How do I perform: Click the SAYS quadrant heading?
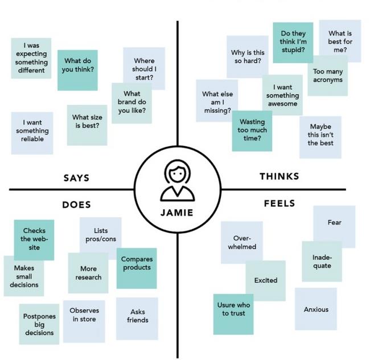(76, 178)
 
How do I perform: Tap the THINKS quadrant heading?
(279, 176)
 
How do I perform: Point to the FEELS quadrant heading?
(279, 203)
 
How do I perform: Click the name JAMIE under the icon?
(177, 212)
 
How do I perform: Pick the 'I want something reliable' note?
(32, 132)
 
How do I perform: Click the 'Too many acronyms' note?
(327, 76)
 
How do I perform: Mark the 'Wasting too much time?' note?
(252, 130)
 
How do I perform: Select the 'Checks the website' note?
(34, 239)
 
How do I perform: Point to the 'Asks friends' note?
(137, 316)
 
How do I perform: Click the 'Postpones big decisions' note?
(39, 324)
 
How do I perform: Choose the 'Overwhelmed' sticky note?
(241, 242)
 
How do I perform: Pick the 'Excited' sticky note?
(266, 280)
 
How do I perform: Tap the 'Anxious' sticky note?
(315, 309)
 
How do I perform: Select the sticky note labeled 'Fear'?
(334, 223)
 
